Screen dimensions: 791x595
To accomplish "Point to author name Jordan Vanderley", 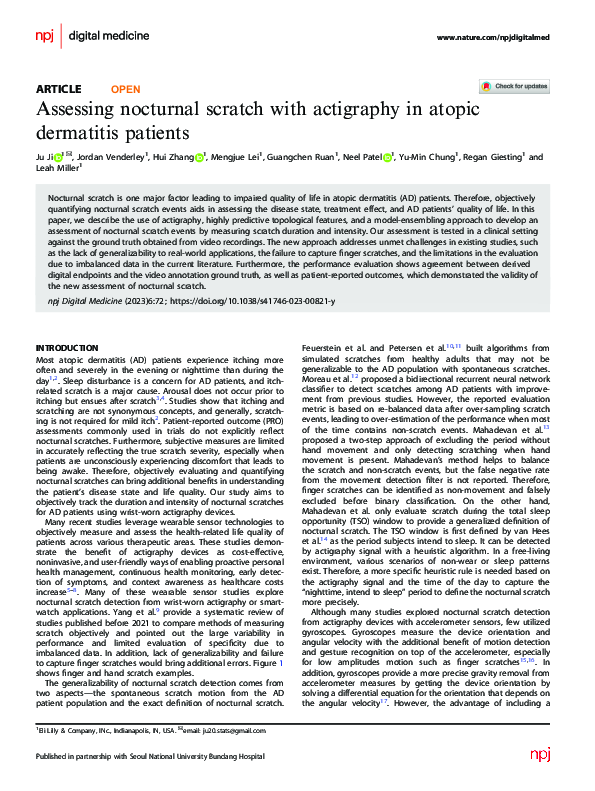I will tap(111, 157).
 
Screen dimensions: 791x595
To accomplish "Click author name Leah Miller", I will tap(61, 169).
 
